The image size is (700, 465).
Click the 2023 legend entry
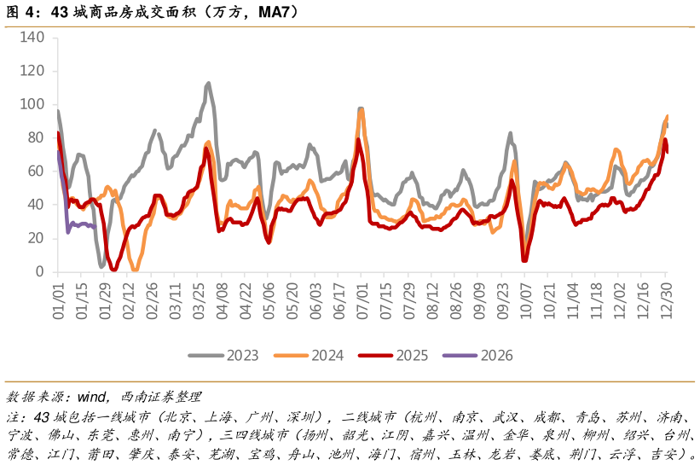224,355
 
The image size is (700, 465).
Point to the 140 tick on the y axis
32,38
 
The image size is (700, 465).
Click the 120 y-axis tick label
32,71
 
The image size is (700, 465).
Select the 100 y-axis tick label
32,104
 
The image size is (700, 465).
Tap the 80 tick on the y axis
35,137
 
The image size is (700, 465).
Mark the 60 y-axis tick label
35,171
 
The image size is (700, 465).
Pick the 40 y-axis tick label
35,205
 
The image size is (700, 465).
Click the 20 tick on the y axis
35,238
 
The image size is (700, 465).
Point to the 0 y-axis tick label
38,271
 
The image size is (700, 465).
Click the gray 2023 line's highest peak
208,84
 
